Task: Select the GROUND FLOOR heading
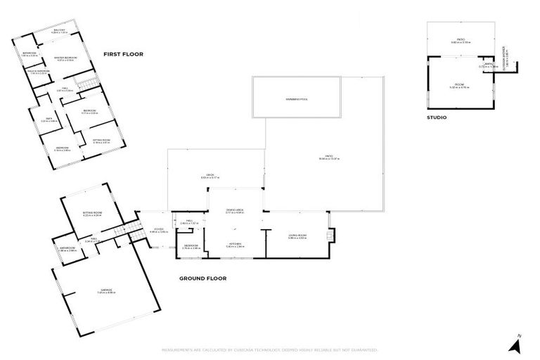202,278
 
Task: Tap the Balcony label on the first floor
61,31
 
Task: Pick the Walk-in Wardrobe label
37,71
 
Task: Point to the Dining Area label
235,210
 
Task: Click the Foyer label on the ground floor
160,229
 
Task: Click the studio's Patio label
461,40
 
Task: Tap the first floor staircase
84,86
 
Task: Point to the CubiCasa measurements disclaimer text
270,349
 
